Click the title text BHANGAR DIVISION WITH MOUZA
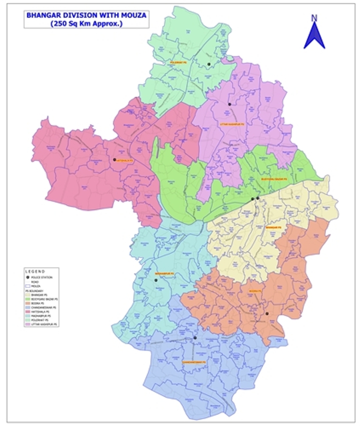[x=86, y=15]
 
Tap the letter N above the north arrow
[x=314, y=18]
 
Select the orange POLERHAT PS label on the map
[x=178, y=62]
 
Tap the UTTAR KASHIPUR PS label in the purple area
[x=229, y=124]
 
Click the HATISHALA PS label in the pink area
[x=125, y=160]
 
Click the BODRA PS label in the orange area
[x=255, y=292]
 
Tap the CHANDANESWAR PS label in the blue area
[x=194, y=362]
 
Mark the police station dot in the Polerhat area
[x=209, y=64]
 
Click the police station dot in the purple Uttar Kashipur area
[x=230, y=104]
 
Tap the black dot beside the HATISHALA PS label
[x=114, y=160]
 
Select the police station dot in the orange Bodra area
[x=267, y=313]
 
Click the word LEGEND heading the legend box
[x=35, y=272]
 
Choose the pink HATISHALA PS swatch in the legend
[x=27, y=312]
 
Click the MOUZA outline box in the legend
[x=27, y=286]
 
